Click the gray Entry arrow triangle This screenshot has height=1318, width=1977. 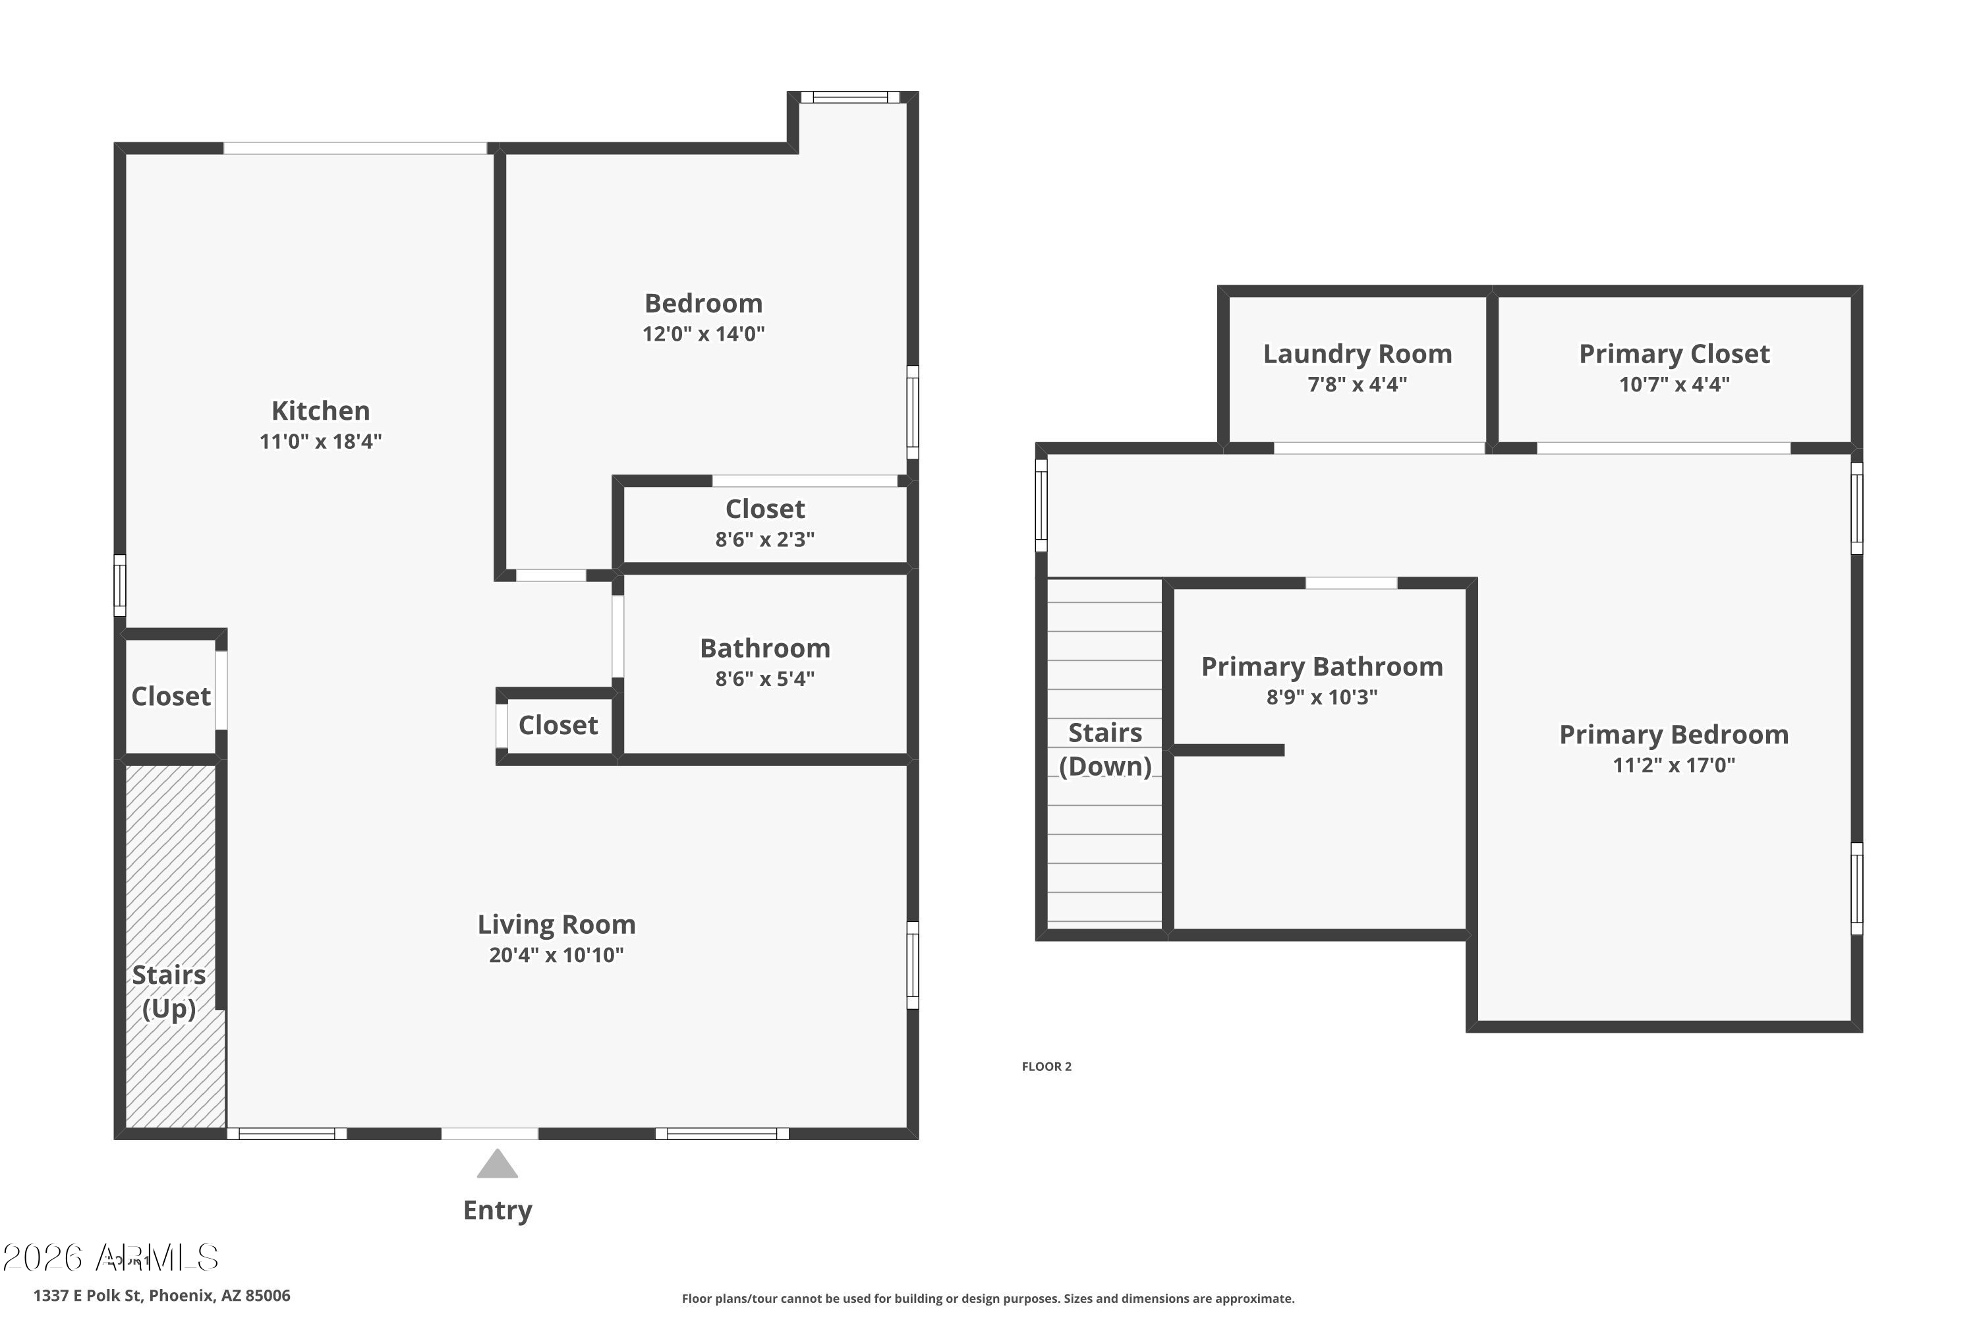(x=497, y=1165)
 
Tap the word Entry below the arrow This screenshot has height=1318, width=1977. (x=497, y=1211)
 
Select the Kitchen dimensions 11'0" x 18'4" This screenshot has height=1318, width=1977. (x=320, y=442)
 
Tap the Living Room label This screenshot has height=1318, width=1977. (x=556, y=924)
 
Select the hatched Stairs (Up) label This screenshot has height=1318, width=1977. (x=169, y=991)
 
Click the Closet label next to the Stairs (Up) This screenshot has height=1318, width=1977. (x=171, y=696)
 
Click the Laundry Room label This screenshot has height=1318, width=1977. (x=1357, y=354)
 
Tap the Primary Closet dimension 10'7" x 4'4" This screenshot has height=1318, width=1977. (x=1674, y=384)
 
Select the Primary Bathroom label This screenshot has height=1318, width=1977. (x=1321, y=666)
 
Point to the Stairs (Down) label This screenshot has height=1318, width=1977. (x=1104, y=749)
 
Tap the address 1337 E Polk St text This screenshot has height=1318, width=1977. (x=161, y=1296)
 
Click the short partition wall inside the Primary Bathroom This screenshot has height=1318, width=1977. (x=1227, y=750)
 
